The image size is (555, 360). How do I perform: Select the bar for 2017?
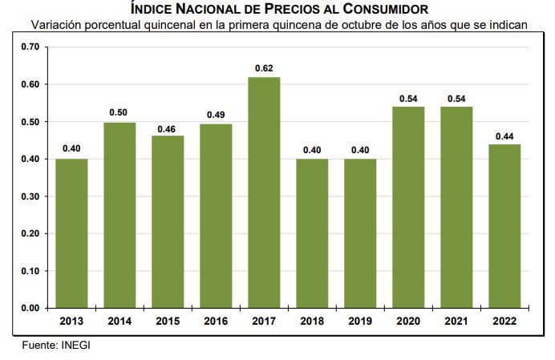(x=264, y=192)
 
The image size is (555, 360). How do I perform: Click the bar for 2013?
(x=71, y=233)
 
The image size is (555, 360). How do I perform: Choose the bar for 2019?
(x=360, y=233)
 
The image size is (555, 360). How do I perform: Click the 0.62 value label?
(x=264, y=68)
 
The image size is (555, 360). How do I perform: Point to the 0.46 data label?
(x=168, y=127)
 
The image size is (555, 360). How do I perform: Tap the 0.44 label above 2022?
(x=504, y=136)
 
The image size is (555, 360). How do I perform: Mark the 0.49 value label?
(x=216, y=115)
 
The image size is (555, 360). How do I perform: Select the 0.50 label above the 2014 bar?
(x=120, y=112)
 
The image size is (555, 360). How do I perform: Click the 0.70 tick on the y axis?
(x=30, y=47)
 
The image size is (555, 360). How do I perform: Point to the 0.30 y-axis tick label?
(x=30, y=196)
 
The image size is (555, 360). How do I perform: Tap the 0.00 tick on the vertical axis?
(x=30, y=308)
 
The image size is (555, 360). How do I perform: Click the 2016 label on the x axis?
(x=216, y=321)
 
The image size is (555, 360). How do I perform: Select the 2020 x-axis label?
(x=408, y=321)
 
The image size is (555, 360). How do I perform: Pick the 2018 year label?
(x=312, y=321)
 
